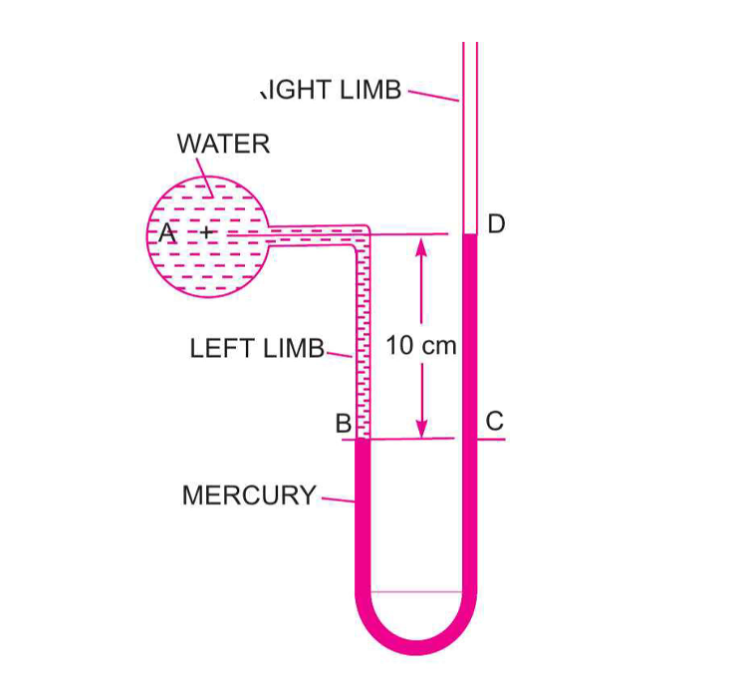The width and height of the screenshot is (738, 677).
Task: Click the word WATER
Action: (223, 144)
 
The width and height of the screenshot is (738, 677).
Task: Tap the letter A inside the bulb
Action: (166, 233)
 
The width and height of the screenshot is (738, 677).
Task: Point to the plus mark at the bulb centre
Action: (206, 232)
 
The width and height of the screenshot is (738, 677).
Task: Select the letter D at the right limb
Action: (496, 223)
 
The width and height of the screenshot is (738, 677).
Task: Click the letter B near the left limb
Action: (343, 424)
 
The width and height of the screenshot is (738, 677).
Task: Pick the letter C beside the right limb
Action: (495, 422)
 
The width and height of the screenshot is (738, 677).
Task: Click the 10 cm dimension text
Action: (421, 346)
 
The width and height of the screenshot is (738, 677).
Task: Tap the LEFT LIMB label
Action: (257, 349)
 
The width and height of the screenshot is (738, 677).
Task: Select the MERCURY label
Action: (249, 496)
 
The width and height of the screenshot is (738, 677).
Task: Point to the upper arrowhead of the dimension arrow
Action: (421, 245)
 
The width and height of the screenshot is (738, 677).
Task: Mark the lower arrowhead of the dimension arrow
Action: (421, 430)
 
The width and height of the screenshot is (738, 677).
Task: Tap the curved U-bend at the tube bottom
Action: (415, 633)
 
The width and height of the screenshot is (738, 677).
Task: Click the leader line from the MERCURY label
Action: (338, 499)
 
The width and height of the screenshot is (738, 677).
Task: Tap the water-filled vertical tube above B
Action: (363, 339)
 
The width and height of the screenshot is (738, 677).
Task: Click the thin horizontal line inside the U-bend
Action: (415, 591)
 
